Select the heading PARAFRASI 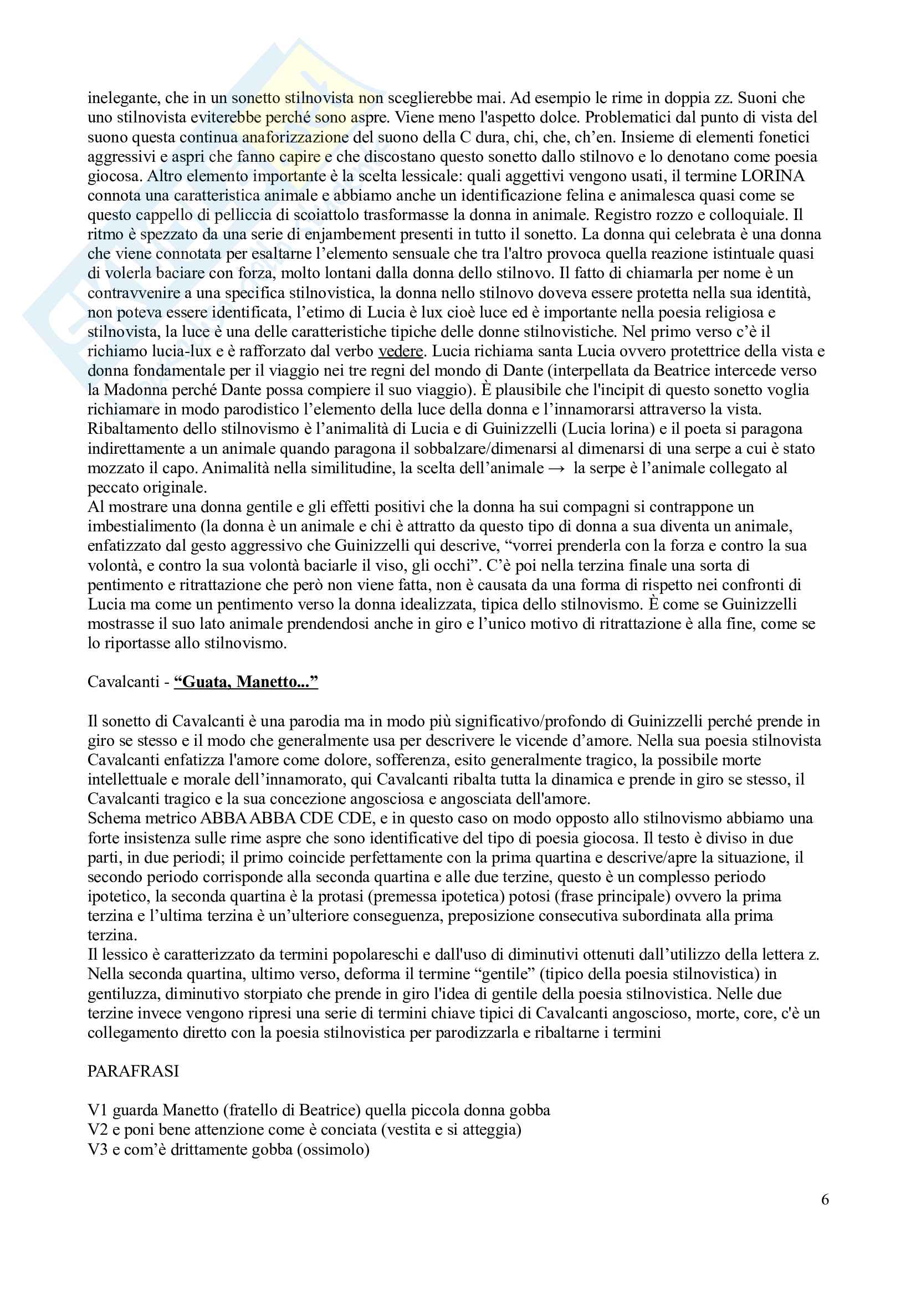click(x=133, y=1071)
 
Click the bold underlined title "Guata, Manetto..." click(x=246, y=682)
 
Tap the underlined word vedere click(x=401, y=351)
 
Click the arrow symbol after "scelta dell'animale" click(x=558, y=468)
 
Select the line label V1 click(x=98, y=1110)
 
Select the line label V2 click(x=98, y=1129)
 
